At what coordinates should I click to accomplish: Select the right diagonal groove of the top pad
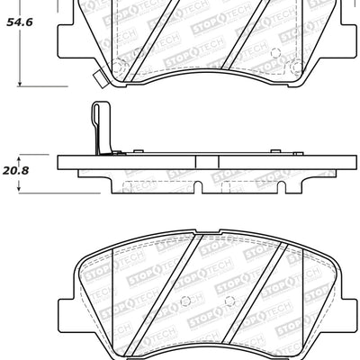(x=247, y=27)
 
